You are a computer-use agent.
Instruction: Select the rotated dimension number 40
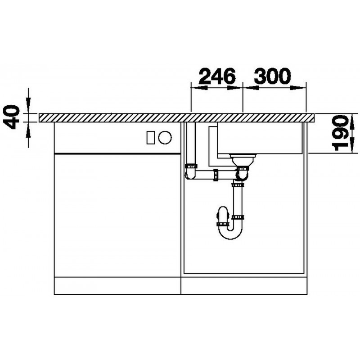click(12, 117)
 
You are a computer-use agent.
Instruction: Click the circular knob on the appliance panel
click(165, 138)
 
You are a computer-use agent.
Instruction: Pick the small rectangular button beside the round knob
click(151, 138)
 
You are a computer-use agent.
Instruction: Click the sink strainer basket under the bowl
click(243, 160)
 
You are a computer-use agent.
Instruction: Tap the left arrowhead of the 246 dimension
click(199, 88)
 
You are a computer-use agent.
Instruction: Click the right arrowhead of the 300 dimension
click(298, 88)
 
